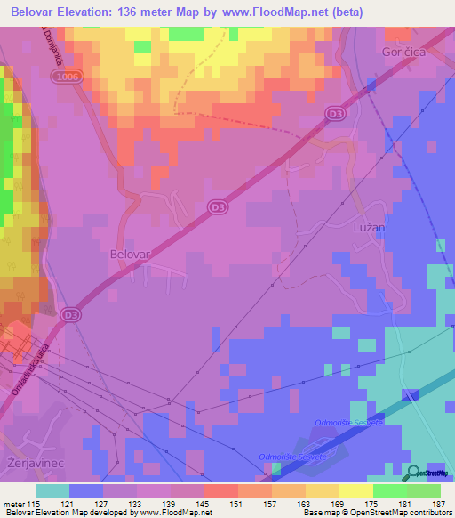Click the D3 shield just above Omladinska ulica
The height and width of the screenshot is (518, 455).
[72, 314]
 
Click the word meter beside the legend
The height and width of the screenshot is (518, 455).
[13, 506]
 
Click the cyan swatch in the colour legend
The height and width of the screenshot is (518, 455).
[52, 490]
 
